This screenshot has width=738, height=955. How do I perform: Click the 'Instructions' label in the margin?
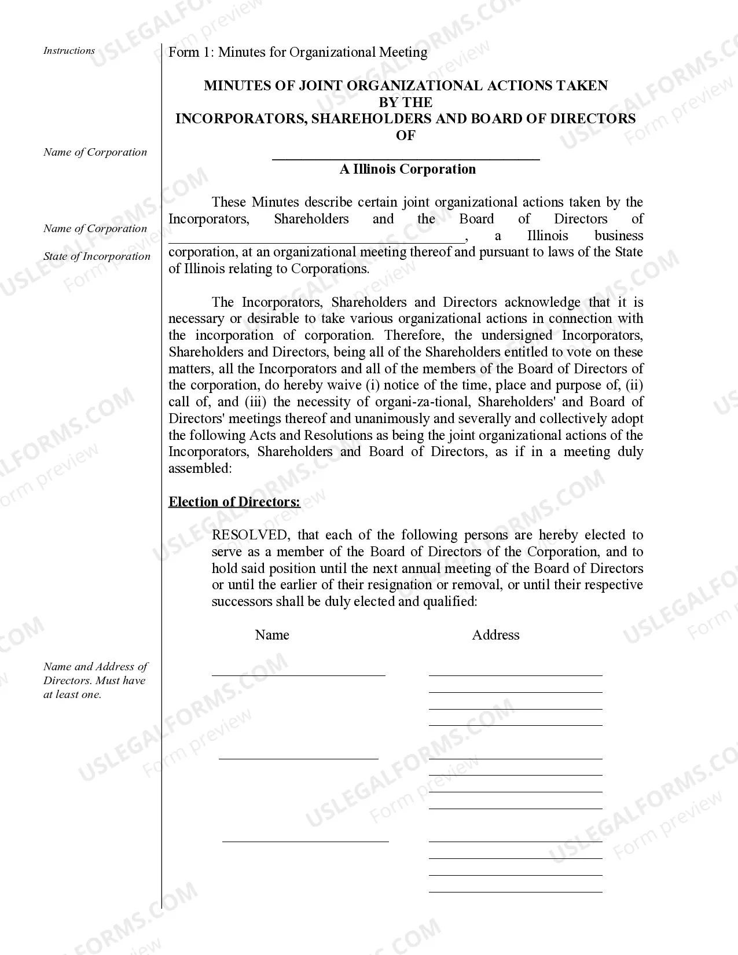69,51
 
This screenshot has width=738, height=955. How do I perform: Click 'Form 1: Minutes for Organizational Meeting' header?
298,52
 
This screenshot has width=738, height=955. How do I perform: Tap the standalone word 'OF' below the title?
405,135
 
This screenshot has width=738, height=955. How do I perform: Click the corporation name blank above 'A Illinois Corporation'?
405,156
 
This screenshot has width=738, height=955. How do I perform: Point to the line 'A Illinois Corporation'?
407,169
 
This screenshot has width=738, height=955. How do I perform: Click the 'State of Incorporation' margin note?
97,256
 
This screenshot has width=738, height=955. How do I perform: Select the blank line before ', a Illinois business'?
316,240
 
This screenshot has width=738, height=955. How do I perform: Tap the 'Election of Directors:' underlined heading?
234,502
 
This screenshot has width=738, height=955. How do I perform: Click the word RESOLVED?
249,535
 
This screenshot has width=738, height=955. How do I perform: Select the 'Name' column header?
271,635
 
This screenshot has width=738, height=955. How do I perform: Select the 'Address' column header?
495,635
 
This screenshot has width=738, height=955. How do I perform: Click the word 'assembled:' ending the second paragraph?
200,469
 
